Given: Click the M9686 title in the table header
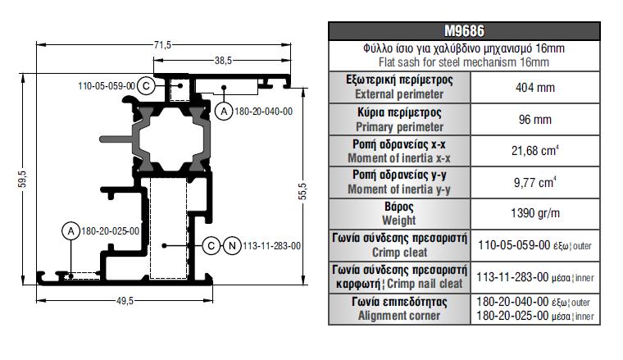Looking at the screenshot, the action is point(464,31).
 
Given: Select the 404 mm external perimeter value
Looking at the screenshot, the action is point(534,88).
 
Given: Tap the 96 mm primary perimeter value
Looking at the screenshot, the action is point(534,119).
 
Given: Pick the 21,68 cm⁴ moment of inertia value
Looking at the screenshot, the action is point(534,151).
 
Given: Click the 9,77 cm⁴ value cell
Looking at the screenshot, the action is point(534,182).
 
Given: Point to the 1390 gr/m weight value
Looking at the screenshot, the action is point(534,213).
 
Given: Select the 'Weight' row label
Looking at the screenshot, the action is point(399,221).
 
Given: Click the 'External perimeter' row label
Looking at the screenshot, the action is point(399,94).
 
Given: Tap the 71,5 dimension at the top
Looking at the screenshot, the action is point(162,45).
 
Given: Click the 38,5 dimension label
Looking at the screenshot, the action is point(223,61).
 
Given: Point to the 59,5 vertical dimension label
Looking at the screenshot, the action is point(23,180).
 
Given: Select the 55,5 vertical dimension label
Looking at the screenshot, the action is point(302,191).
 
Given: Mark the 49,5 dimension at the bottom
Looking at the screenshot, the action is point(125,301).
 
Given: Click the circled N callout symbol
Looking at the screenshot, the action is point(232,246).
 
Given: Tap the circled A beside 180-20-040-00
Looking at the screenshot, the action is point(224,112).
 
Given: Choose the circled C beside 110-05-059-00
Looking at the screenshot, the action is point(146,86).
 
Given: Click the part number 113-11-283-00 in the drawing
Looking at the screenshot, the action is point(272,246).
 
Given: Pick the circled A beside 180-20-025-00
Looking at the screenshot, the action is point(71,231).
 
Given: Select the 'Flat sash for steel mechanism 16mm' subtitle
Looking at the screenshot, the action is point(464,62).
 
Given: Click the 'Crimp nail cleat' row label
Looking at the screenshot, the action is point(425,284).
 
